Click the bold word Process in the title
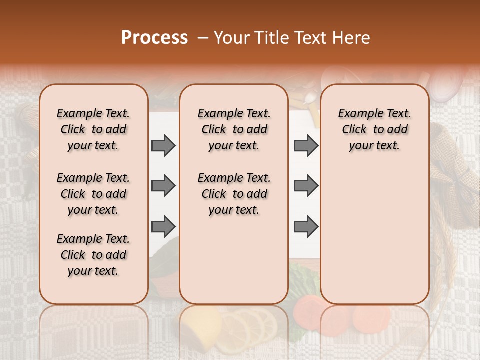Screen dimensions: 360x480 (154, 38)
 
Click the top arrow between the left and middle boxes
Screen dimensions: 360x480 (163, 146)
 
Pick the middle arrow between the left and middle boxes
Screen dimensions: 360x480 (163, 186)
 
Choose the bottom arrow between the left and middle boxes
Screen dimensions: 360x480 (163, 226)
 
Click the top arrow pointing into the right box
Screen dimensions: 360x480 (306, 146)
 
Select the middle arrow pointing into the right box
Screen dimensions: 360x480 (306, 186)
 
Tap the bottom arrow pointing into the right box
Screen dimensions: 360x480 (306, 226)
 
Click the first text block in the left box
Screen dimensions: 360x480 (93, 129)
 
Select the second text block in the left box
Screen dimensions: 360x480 (93, 194)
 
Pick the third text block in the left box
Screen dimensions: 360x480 (93, 255)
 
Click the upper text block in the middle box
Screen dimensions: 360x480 (234, 129)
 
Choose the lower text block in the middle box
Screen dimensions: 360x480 (234, 194)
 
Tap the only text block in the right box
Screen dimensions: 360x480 (375, 129)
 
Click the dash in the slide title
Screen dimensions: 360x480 (203, 38)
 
